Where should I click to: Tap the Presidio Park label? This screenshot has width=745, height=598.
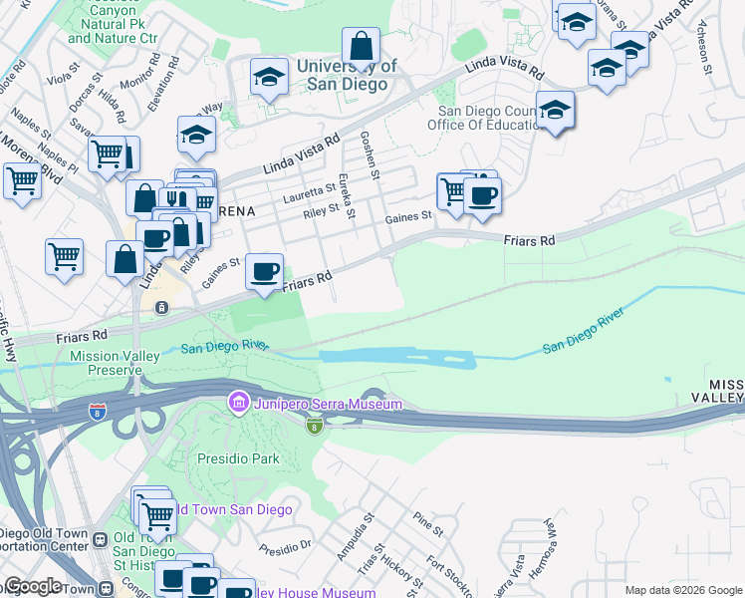click(237, 459)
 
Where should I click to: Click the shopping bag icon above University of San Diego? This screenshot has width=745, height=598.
click(361, 46)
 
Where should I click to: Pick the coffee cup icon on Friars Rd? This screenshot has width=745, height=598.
click(264, 272)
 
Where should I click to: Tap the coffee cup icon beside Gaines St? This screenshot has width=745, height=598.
click(482, 194)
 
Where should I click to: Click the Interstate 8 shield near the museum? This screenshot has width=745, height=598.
click(315, 427)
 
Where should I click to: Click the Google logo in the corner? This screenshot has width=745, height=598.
click(32, 586)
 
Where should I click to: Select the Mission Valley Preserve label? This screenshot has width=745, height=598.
click(106, 363)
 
